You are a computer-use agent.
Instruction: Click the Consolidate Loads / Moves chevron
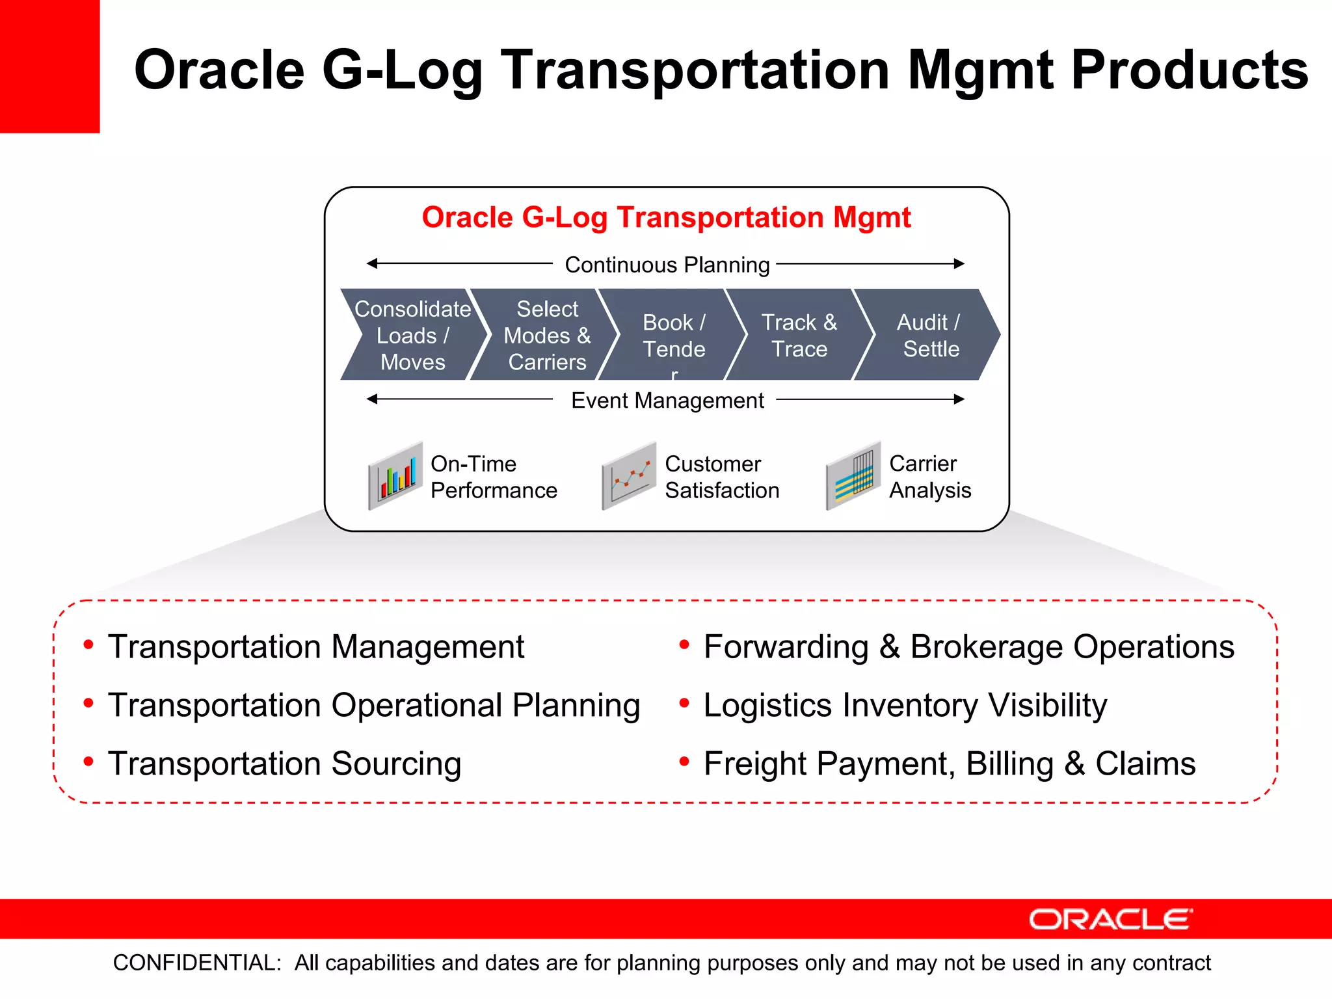[412, 335]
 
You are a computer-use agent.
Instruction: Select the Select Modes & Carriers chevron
[546, 335]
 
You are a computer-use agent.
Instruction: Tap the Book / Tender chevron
[674, 335]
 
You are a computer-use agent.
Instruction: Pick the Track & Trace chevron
[799, 335]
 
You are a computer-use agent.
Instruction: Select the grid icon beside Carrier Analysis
[853, 476]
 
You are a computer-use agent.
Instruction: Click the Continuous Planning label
[667, 265]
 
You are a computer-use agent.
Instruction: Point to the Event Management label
[667, 400]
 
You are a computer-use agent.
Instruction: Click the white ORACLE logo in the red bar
[1110, 919]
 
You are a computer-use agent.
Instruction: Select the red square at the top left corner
[49, 66]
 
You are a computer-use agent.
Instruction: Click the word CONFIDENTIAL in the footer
[196, 963]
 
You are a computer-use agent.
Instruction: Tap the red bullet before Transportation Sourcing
[88, 761]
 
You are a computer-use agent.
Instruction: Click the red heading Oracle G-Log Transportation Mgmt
[666, 217]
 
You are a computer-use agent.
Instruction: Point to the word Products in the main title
[1189, 70]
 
